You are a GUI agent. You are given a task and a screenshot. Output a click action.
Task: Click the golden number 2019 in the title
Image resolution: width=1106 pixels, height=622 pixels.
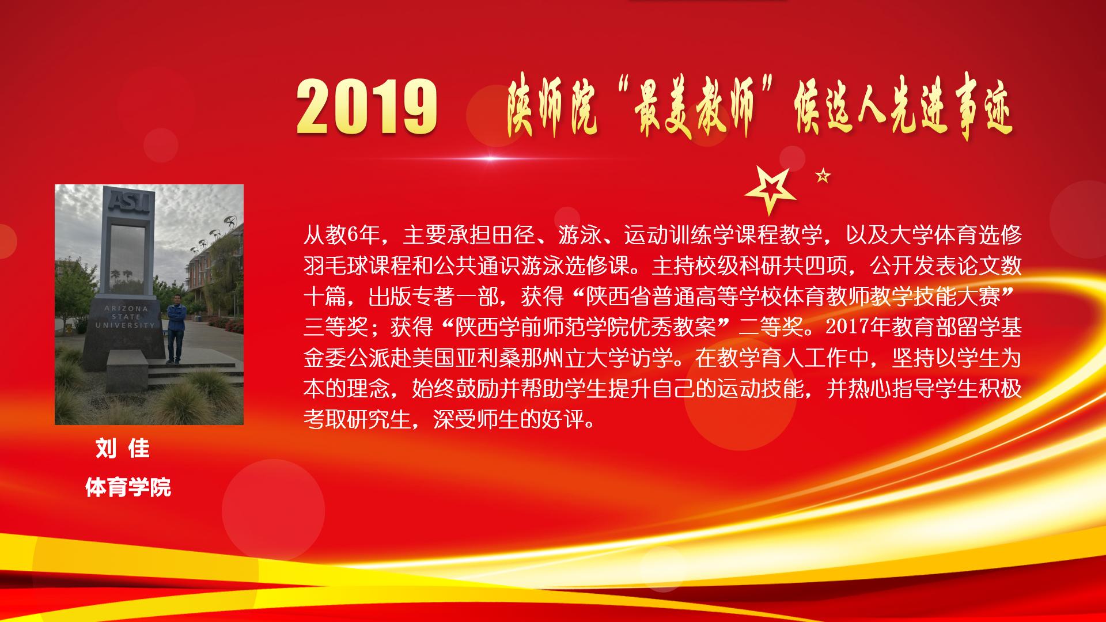coord(367,107)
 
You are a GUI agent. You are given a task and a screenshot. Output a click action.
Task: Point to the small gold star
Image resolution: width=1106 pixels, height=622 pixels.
coord(823,175)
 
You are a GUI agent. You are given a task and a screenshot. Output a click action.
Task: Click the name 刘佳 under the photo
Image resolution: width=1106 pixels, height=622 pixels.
coord(123,449)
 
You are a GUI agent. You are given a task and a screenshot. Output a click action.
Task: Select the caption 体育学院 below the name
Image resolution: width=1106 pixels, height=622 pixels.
coord(128,488)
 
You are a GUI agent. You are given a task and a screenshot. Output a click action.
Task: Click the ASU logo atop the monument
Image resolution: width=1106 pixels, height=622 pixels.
coord(130,202)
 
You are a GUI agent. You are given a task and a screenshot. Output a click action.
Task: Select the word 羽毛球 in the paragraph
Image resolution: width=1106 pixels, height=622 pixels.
coord(336,266)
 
